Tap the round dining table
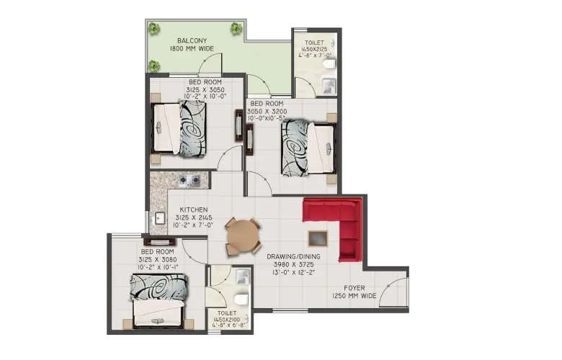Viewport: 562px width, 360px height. (241, 235)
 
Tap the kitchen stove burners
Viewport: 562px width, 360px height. (189, 180)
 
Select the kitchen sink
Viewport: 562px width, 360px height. (156, 217)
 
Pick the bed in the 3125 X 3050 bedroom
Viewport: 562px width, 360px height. (180, 127)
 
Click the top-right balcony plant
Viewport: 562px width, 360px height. (236, 29)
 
